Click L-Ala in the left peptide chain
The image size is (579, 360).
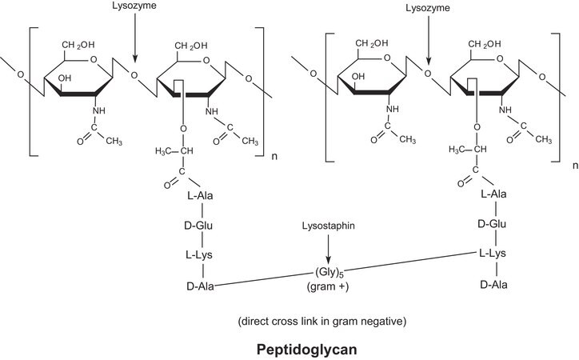point(201,197)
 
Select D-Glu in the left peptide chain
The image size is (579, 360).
point(201,226)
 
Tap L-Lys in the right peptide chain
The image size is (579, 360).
point(495,254)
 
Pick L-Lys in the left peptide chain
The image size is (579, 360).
point(201,254)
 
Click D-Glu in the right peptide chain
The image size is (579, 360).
point(495,225)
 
